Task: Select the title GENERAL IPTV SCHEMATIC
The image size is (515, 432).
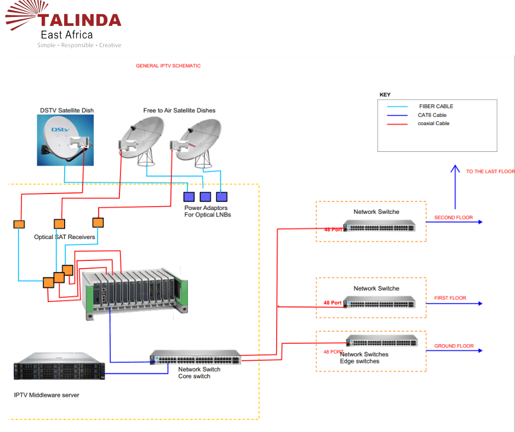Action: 168,66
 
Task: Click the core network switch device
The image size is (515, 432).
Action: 195,358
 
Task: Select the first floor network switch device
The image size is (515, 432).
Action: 379,302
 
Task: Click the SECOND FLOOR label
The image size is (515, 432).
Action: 453,218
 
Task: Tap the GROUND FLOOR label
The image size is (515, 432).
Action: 454,346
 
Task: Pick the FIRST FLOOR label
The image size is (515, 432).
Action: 450,298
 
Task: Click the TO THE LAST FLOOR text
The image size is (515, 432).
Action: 490,172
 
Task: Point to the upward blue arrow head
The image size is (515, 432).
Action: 454,169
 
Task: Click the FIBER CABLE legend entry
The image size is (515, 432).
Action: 436,106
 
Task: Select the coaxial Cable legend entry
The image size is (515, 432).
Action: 434,124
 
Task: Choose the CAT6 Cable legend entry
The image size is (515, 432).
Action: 432,115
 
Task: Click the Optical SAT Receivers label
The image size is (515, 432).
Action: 65,237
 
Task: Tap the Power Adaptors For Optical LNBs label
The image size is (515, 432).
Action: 207,212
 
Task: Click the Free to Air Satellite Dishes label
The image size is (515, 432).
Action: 179,110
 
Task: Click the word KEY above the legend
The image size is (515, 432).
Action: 385,95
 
